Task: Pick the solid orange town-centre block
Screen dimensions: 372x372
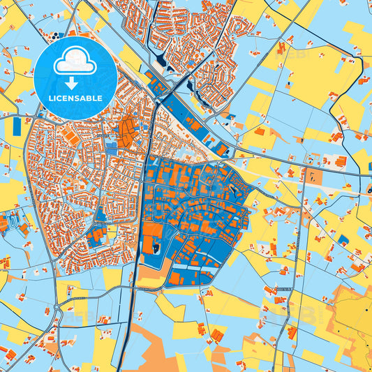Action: coord(127,131)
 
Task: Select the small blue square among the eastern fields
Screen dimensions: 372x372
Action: coord(343,239)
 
